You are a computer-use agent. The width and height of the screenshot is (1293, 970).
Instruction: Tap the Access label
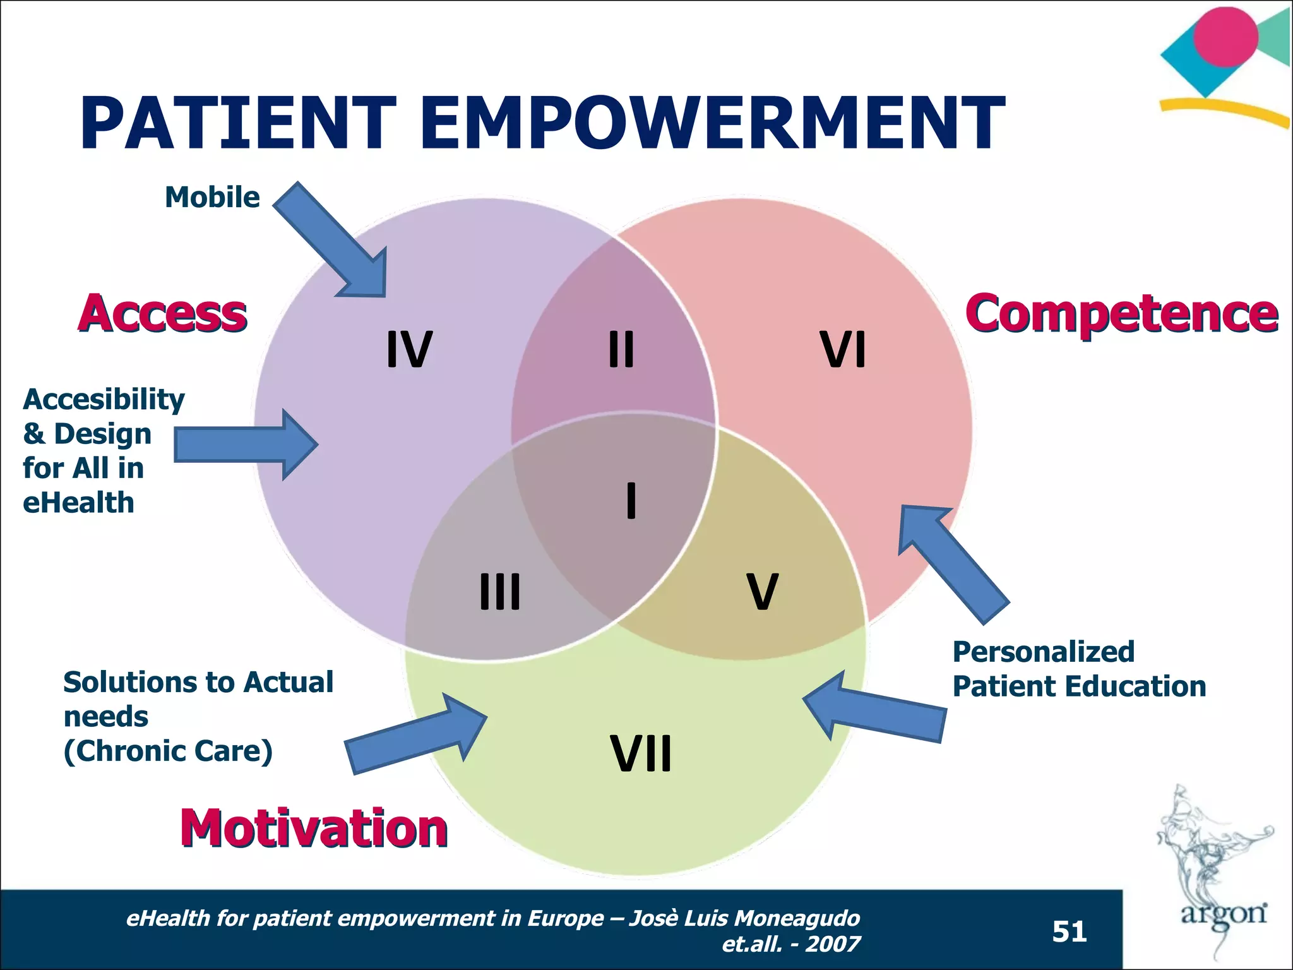click(x=163, y=314)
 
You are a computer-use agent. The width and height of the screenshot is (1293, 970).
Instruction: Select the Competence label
click(x=1121, y=314)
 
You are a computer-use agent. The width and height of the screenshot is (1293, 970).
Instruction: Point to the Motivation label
click(x=314, y=829)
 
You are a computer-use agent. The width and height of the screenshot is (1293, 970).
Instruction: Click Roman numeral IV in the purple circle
click(x=409, y=350)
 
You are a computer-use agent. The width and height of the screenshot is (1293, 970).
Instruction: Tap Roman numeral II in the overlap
click(x=621, y=350)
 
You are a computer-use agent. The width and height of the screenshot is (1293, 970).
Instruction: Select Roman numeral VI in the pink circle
click(x=843, y=350)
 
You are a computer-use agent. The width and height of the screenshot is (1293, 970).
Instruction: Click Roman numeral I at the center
click(x=631, y=500)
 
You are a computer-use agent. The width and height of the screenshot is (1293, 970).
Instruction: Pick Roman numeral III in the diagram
click(x=500, y=592)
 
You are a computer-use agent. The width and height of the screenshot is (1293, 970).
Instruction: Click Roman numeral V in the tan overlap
click(x=763, y=592)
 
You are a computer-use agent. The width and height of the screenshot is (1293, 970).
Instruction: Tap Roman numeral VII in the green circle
click(x=641, y=753)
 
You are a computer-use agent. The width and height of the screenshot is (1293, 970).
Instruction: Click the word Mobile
click(x=212, y=198)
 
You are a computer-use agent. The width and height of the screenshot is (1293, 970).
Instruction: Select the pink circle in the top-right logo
click(x=1225, y=37)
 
